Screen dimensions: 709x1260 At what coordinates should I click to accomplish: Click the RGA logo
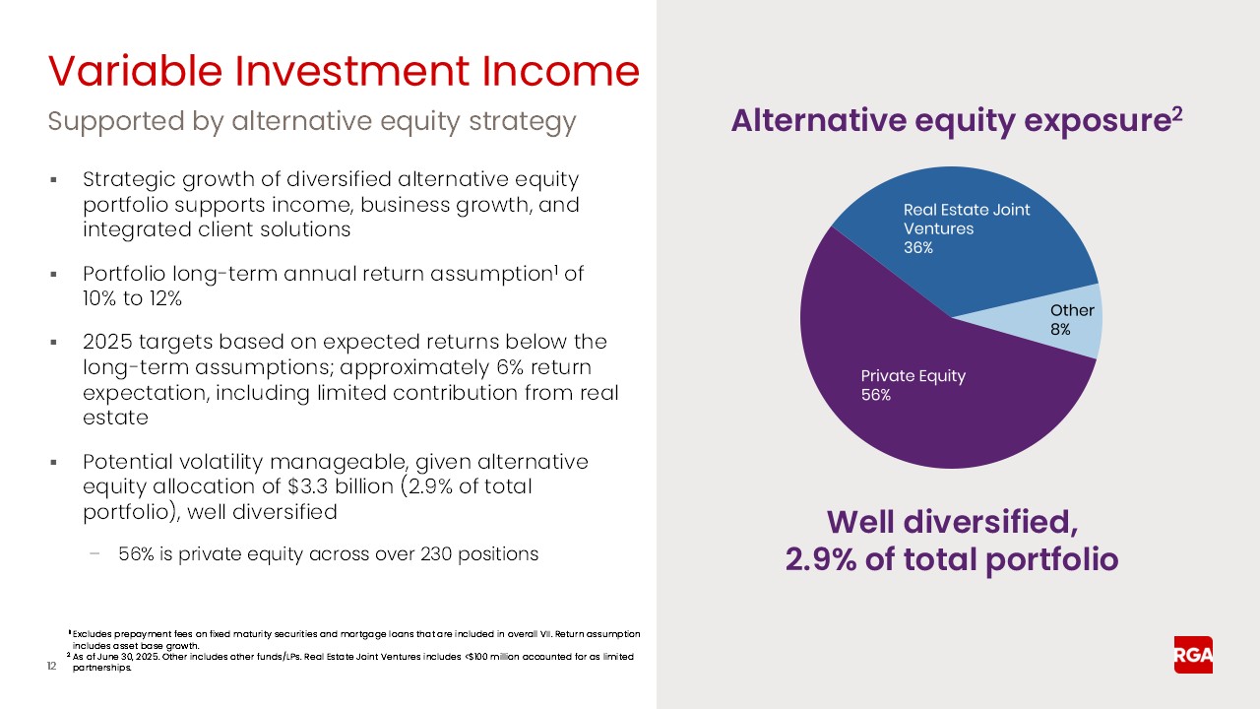(x=1193, y=655)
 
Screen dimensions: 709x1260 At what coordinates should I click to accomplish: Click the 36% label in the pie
(x=917, y=248)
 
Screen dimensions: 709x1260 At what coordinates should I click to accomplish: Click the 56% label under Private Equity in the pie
(x=875, y=395)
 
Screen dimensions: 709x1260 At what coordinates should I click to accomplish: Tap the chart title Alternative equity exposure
(x=949, y=121)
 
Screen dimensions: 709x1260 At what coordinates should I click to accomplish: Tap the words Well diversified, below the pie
(x=951, y=521)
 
